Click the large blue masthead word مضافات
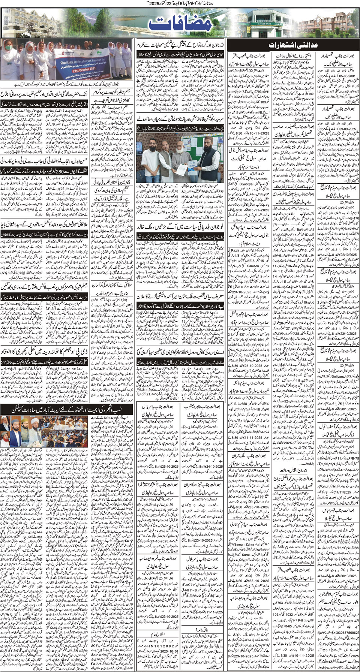pos(180,24)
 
